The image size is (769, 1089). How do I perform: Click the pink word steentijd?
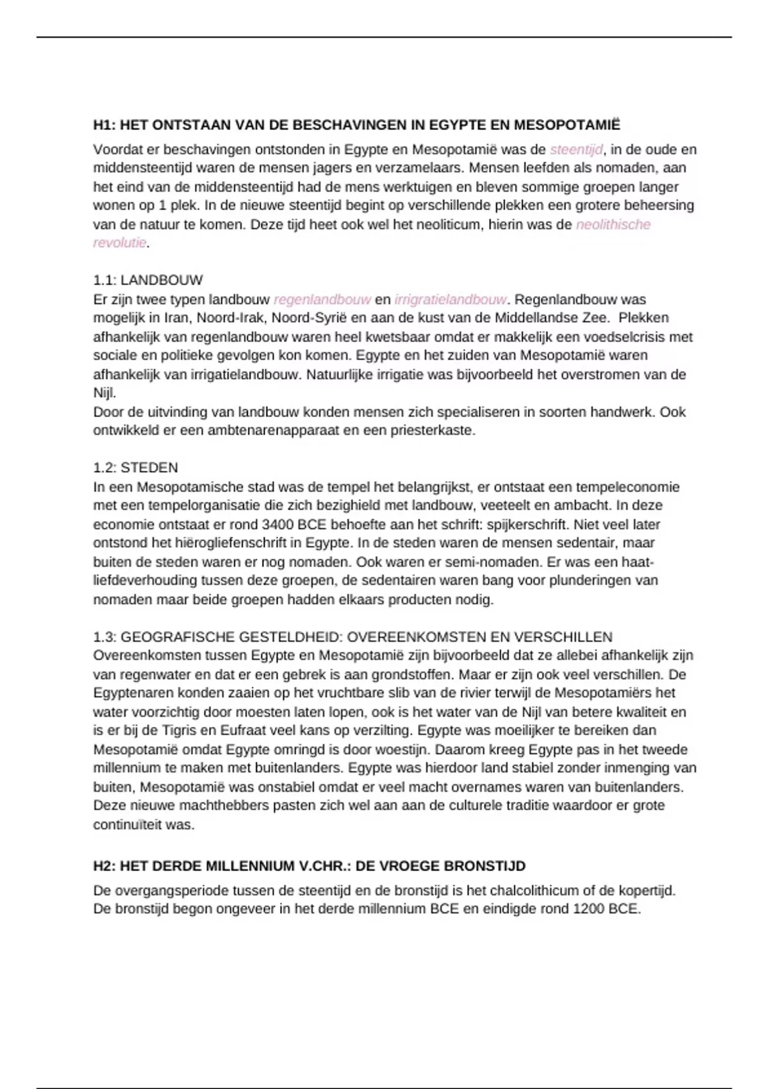pos(576,150)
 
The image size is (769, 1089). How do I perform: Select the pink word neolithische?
pos(613,225)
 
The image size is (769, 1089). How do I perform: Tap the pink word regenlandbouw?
pos(322,300)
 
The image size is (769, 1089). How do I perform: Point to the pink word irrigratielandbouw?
pos(451,300)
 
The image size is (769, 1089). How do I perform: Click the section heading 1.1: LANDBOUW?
pos(148,281)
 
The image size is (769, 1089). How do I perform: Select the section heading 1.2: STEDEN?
pos(136,468)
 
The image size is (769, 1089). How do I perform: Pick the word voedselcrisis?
pos(617,337)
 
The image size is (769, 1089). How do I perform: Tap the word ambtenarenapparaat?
pos(274,431)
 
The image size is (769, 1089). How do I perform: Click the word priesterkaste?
pos(431,431)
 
